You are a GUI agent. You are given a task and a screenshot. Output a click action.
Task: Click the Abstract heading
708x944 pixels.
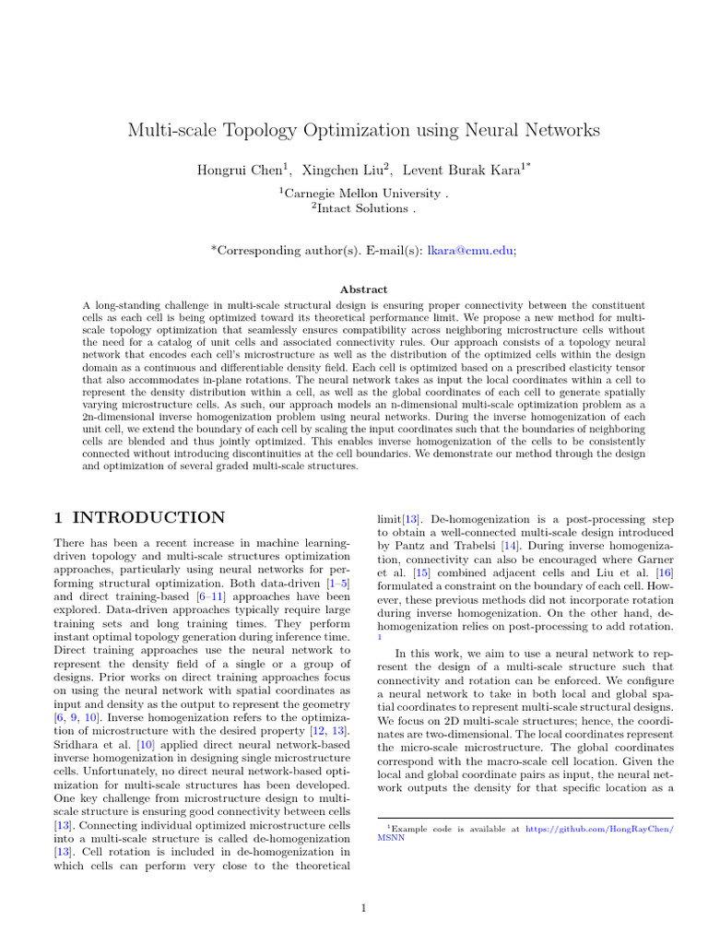point(363,289)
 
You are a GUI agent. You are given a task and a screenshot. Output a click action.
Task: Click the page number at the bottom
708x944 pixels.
point(363,883)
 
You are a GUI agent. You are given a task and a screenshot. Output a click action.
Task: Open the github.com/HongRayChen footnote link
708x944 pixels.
point(599,830)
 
